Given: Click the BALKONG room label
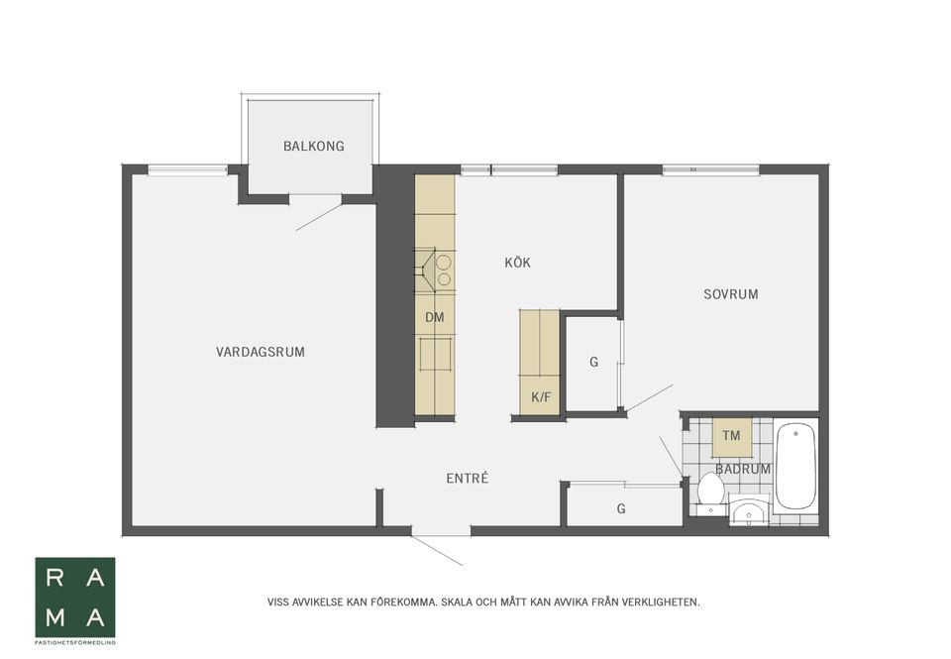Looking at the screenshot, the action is click(314, 147).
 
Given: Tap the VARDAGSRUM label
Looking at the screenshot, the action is click(261, 352).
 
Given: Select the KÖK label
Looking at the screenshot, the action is click(517, 263).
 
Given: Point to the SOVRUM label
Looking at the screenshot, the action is click(731, 294).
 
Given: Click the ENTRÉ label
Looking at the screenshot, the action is click(467, 479).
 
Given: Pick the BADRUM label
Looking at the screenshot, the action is click(743, 469).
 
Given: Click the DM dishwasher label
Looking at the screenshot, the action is click(434, 317).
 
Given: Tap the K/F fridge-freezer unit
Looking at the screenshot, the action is click(540, 395).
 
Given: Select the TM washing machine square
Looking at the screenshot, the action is click(732, 436).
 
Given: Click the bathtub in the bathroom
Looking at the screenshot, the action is click(795, 466).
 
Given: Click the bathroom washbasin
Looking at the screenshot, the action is click(749, 509).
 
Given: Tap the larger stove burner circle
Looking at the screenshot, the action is click(444, 263).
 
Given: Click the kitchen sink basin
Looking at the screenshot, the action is click(435, 355).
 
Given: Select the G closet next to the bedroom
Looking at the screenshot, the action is click(592, 363).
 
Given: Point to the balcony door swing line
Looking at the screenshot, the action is click(320, 217).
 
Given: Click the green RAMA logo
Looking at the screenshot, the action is click(75, 598).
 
